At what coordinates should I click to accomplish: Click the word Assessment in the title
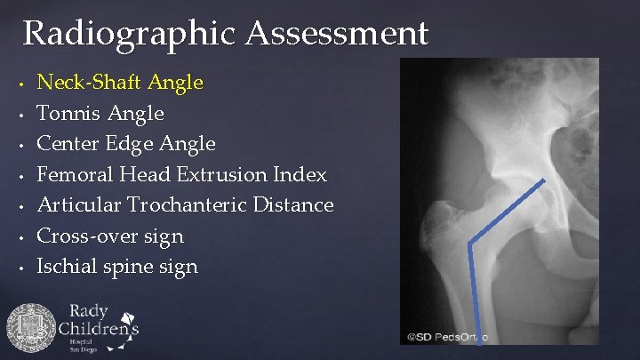pos(337,34)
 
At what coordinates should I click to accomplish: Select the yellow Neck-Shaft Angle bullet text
pos(120,83)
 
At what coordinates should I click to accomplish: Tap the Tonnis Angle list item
pos(100,113)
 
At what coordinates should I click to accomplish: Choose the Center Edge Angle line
pos(125,143)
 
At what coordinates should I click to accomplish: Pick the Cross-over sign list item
pos(109,236)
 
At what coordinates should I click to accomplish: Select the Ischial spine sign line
pos(116,266)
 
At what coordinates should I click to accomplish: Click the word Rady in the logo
pos(88,311)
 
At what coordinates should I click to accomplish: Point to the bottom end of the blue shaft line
pos(475,341)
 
